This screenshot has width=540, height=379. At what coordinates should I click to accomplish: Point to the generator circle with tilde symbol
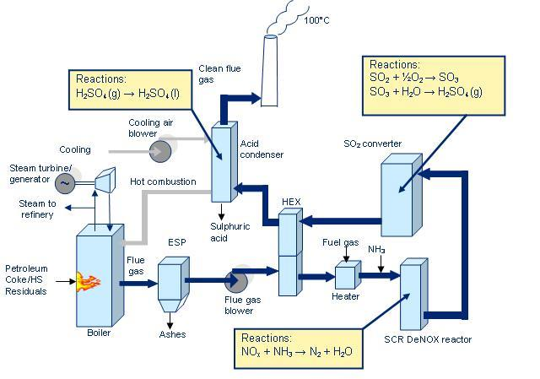tap(64, 182)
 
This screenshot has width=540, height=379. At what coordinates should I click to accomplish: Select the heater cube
tap(346, 276)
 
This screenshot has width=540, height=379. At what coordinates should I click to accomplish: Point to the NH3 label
tap(377, 249)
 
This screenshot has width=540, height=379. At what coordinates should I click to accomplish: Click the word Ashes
tap(172, 333)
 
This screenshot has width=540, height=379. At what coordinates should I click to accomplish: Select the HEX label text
tap(291, 201)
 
